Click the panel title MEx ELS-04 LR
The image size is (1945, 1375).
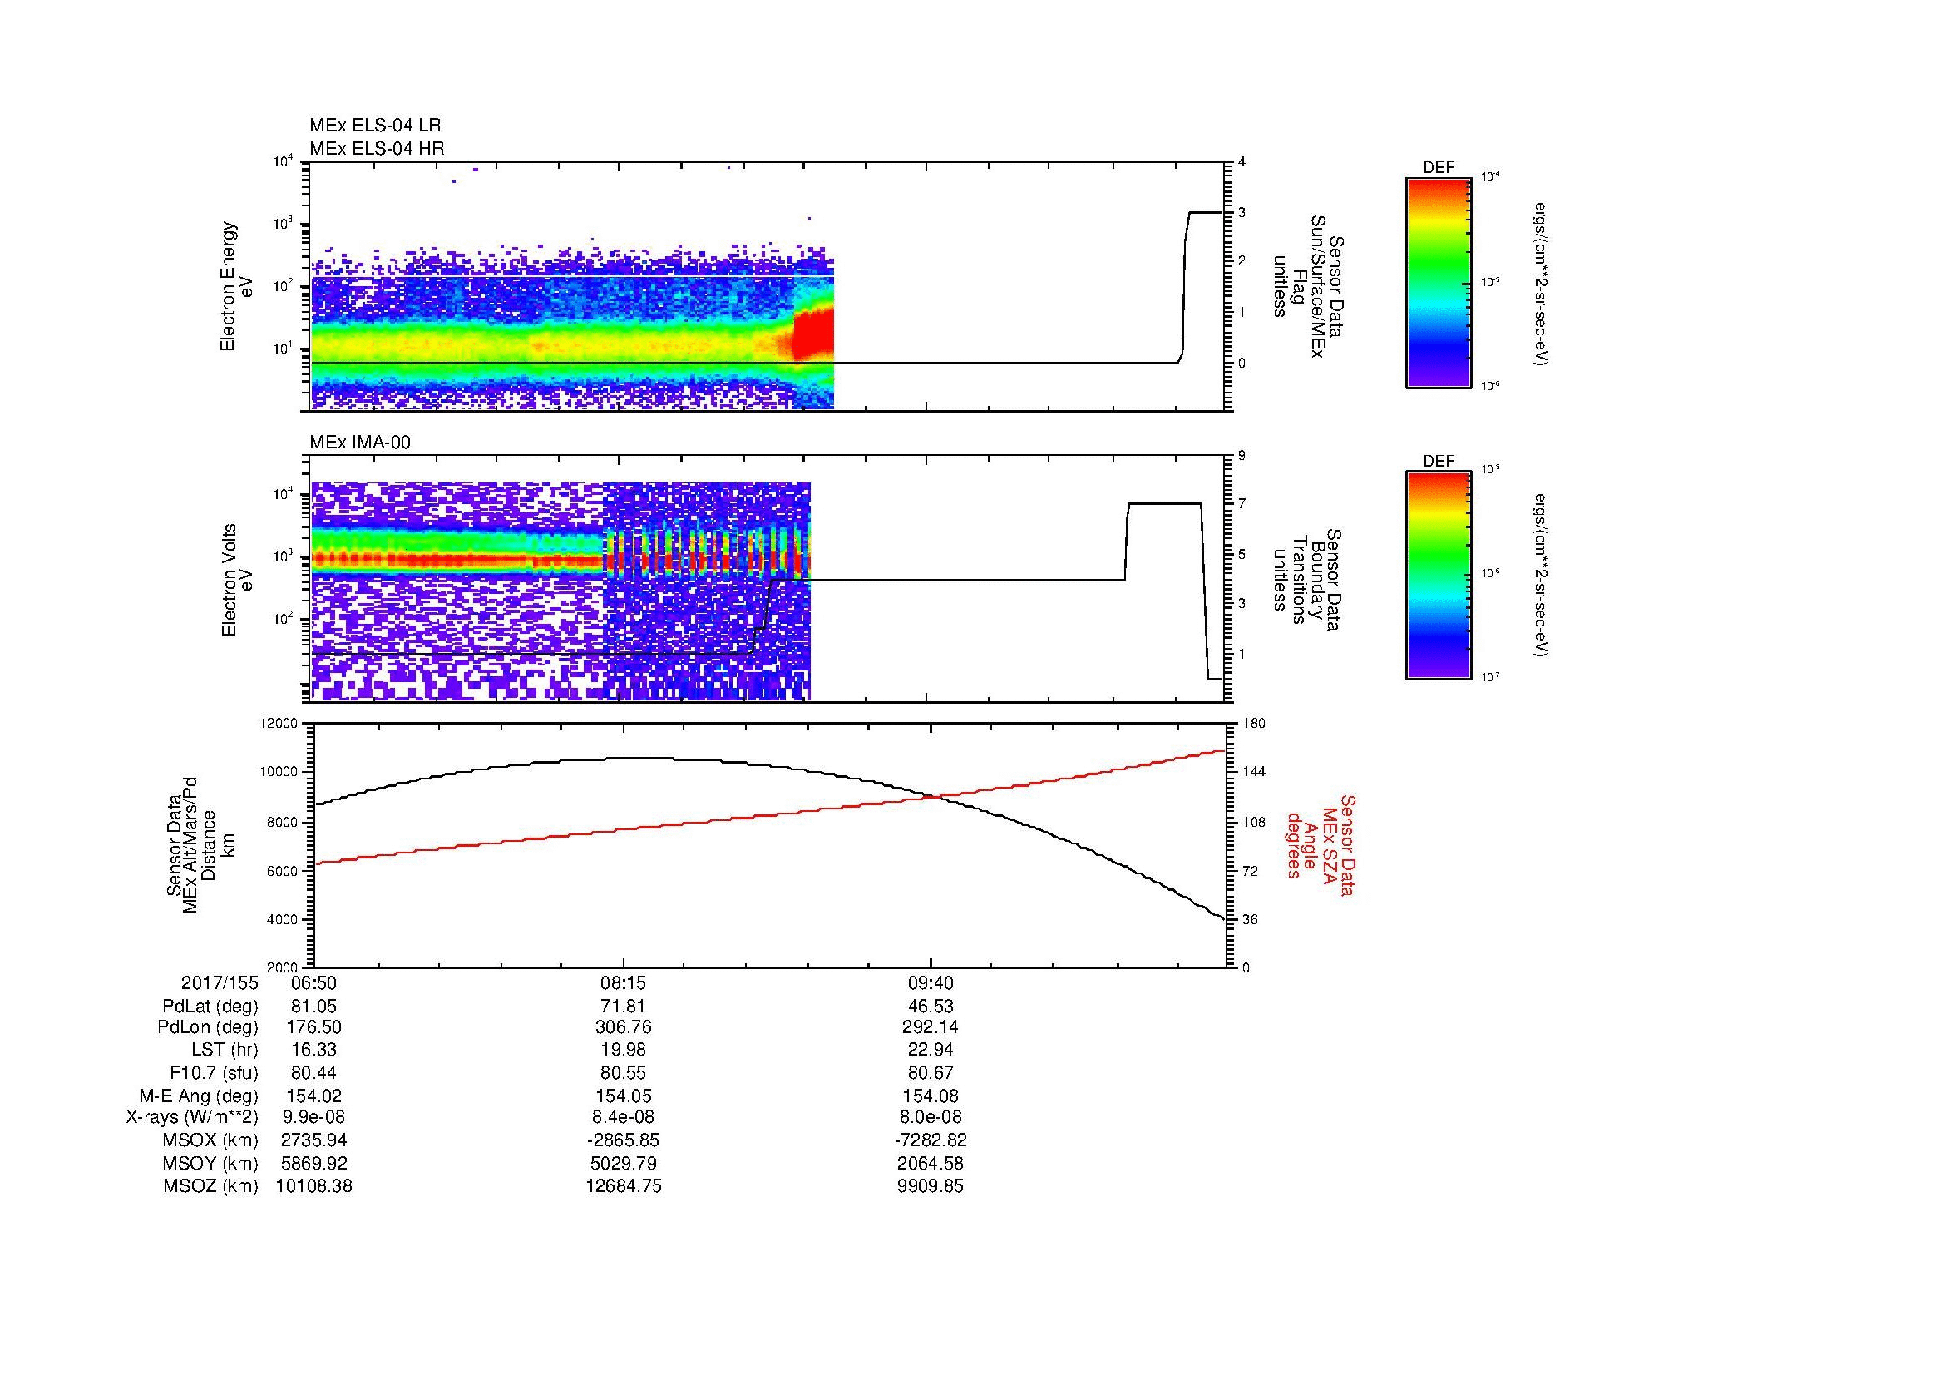(x=374, y=126)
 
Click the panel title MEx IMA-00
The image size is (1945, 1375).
(x=359, y=443)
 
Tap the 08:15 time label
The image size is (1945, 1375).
(x=624, y=983)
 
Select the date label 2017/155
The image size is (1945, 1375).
(x=220, y=983)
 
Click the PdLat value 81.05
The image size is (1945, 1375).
(x=313, y=1007)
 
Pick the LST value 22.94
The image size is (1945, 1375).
(x=931, y=1051)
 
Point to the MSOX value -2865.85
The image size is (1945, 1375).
(x=624, y=1140)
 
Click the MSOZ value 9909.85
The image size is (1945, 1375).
(x=931, y=1186)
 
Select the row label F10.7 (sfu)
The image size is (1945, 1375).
(x=214, y=1073)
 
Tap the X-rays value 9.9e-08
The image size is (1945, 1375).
(x=313, y=1118)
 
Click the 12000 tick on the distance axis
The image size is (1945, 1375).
(x=280, y=724)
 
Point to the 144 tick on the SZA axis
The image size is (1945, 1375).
(x=1254, y=772)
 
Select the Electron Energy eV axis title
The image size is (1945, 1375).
(x=236, y=286)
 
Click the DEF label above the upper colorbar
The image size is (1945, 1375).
(x=1438, y=168)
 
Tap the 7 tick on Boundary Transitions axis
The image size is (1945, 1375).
(x=1242, y=504)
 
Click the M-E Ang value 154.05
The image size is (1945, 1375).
(x=624, y=1096)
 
